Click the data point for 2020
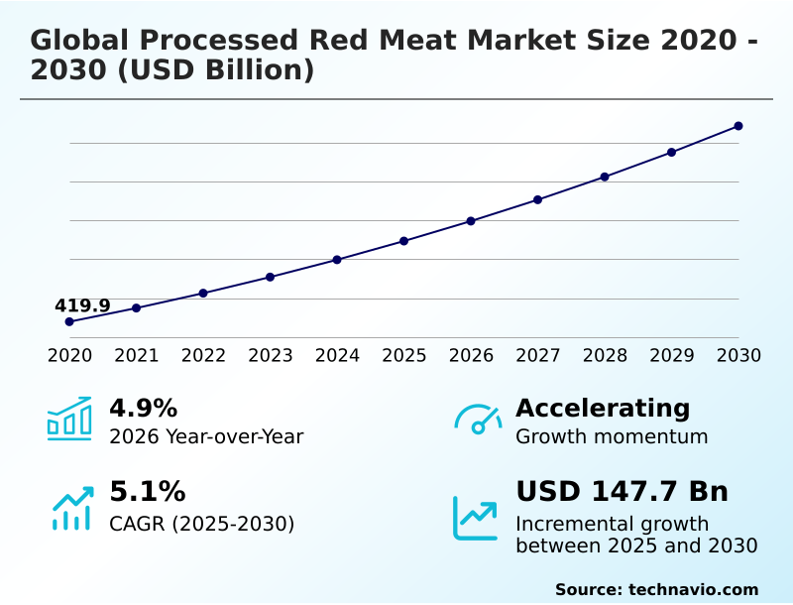(69, 321)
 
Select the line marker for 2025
(404, 241)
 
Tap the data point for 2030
(738, 126)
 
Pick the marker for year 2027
(538, 199)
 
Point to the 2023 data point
(271, 277)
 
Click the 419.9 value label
(82, 305)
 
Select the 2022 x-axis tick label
(203, 356)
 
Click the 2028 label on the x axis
(605, 356)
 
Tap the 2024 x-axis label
(337, 356)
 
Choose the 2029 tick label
(671, 356)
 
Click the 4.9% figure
(143, 408)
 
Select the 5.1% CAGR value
(147, 492)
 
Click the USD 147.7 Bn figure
(622, 492)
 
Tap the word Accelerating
(602, 408)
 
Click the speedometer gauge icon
(478, 420)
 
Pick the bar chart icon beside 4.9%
(69, 419)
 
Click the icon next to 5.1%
(71, 508)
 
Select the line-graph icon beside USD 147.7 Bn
(476, 518)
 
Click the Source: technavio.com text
(656, 589)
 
